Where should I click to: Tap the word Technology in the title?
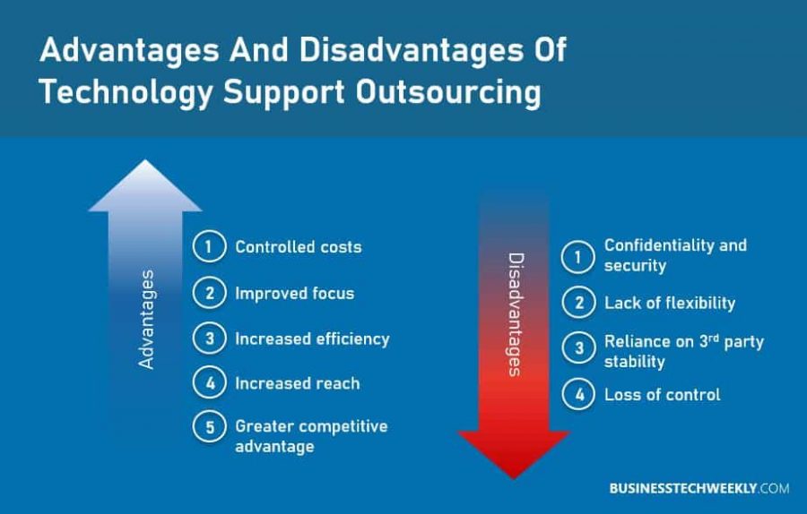126,93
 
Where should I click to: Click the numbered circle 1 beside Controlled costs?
210,247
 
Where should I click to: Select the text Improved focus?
295,294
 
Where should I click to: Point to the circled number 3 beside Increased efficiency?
210,338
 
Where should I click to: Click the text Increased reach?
298,383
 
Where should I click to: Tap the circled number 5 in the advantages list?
210,426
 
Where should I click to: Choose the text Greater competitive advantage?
311,436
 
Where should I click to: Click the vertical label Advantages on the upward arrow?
146,319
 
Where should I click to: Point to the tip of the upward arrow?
145,160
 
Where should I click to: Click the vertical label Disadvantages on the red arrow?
516,314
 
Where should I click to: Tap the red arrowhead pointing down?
514,454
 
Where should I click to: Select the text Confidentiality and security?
675,255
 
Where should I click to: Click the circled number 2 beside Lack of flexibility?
578,303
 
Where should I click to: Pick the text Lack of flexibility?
670,303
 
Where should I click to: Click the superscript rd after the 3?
714,338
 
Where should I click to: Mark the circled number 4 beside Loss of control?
578,394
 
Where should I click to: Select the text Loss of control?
663,395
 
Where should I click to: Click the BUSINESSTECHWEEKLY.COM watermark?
699,488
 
